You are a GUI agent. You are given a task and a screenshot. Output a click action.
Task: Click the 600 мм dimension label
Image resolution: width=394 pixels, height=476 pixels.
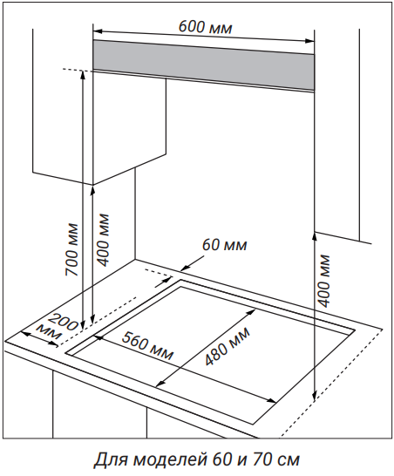click(205, 27)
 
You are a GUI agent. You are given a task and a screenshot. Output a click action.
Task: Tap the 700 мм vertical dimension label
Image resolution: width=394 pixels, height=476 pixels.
click(71, 250)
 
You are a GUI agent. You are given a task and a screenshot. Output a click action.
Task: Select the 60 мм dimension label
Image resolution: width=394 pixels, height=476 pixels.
click(225, 245)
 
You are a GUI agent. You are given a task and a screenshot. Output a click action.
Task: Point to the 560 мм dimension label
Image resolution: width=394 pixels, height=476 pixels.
click(147, 345)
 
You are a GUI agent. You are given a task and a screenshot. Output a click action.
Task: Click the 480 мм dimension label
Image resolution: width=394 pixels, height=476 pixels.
click(228, 346)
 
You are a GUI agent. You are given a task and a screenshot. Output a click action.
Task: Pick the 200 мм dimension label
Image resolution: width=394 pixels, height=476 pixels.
click(58, 328)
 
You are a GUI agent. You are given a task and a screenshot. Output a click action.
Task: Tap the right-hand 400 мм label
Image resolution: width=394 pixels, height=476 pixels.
click(323, 281)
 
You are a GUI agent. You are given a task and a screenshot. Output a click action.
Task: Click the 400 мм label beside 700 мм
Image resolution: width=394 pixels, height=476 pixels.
click(102, 240)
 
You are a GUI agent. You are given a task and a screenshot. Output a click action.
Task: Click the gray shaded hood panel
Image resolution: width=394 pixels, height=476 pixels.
click(203, 65)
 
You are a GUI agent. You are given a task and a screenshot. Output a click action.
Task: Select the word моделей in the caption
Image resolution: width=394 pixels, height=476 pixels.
click(165, 460)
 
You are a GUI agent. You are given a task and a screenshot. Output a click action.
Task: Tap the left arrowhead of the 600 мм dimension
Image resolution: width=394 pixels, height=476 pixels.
click(97, 31)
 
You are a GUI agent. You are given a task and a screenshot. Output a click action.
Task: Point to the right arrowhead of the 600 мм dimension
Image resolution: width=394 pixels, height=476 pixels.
click(310, 40)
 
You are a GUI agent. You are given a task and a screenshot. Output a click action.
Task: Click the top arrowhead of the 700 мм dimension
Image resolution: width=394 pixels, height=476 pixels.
click(82, 73)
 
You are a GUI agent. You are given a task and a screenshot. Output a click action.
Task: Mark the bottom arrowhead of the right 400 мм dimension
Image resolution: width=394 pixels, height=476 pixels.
click(315, 394)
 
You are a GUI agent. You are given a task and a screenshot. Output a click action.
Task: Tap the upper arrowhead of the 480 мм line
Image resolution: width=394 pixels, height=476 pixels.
click(251, 312)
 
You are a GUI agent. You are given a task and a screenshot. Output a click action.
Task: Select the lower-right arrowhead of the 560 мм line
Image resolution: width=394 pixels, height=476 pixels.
click(272, 401)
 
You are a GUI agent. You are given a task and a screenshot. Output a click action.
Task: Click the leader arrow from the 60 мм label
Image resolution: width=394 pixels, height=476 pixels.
click(193, 262)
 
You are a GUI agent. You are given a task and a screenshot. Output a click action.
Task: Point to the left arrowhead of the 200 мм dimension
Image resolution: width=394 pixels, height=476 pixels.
click(25, 334)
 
